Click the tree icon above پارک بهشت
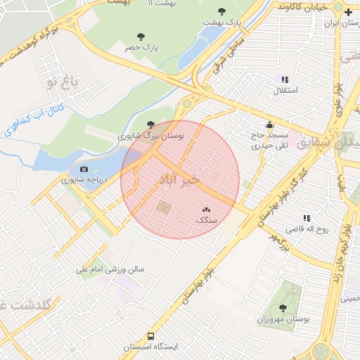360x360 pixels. (222, 11)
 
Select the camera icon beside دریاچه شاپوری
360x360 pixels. (84, 169)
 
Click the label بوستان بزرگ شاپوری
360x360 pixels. (150, 136)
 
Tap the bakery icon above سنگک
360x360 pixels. (207, 210)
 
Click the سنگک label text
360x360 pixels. (207, 220)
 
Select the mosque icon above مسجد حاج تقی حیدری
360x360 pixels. (270, 124)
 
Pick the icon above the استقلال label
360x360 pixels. (284, 80)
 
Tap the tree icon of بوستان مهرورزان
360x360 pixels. (283, 308)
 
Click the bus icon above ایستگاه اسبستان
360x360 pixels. (151, 336)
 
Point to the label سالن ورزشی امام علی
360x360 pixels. (110, 269)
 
